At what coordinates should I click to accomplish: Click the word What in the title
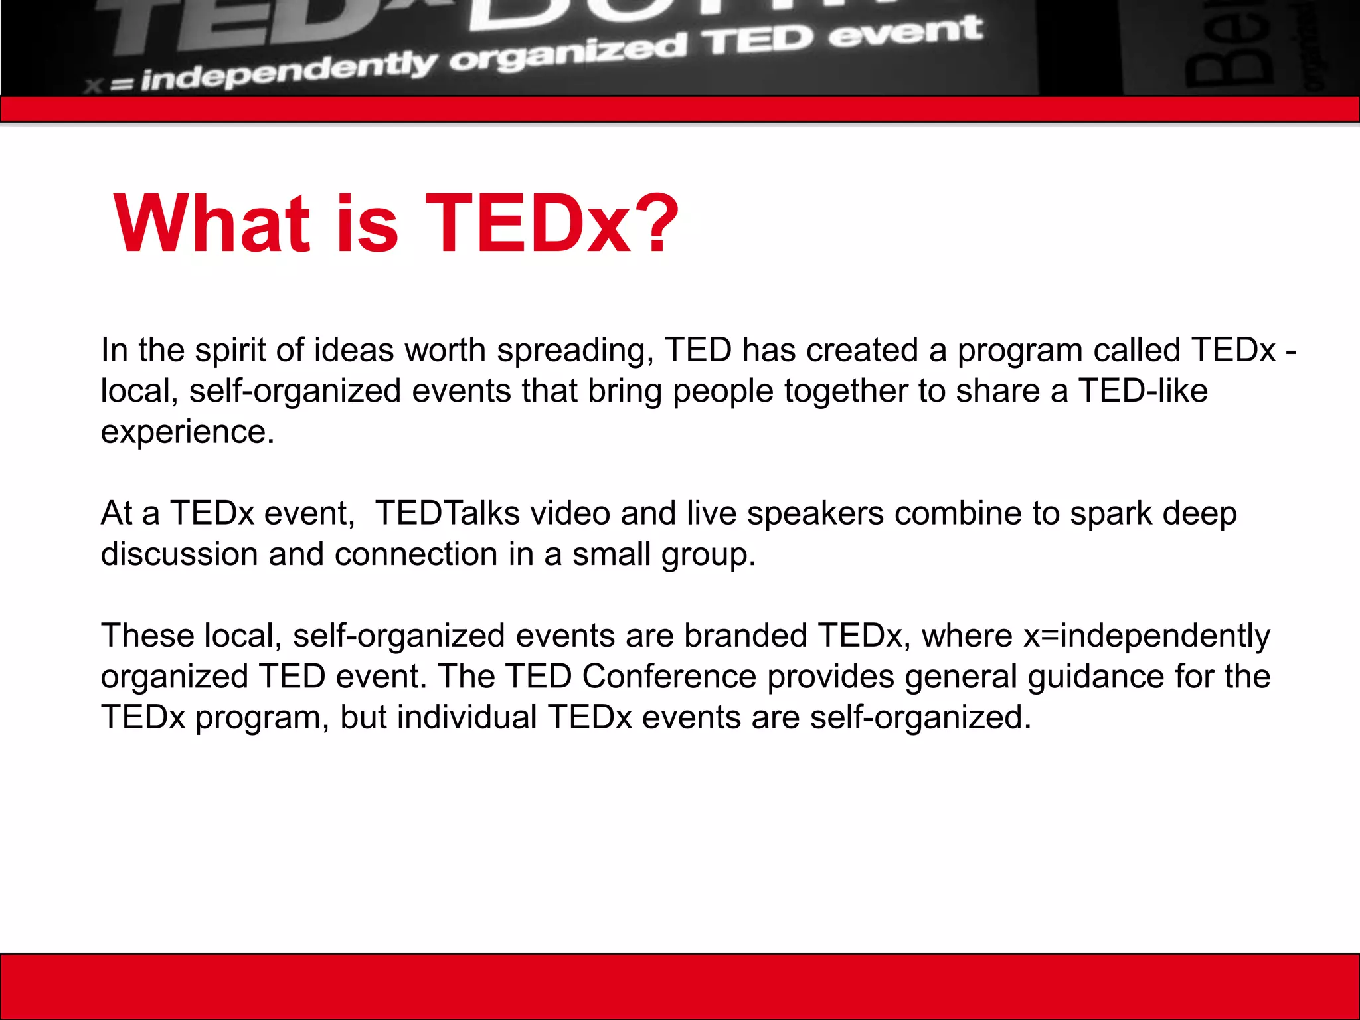click(x=211, y=224)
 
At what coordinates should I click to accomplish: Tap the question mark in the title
click(x=658, y=224)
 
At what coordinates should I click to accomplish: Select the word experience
click(x=187, y=432)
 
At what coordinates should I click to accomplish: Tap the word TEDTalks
click(x=447, y=513)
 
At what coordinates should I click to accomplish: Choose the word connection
click(x=416, y=554)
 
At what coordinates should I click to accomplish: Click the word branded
click(x=745, y=636)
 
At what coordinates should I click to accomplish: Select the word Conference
click(x=669, y=677)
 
